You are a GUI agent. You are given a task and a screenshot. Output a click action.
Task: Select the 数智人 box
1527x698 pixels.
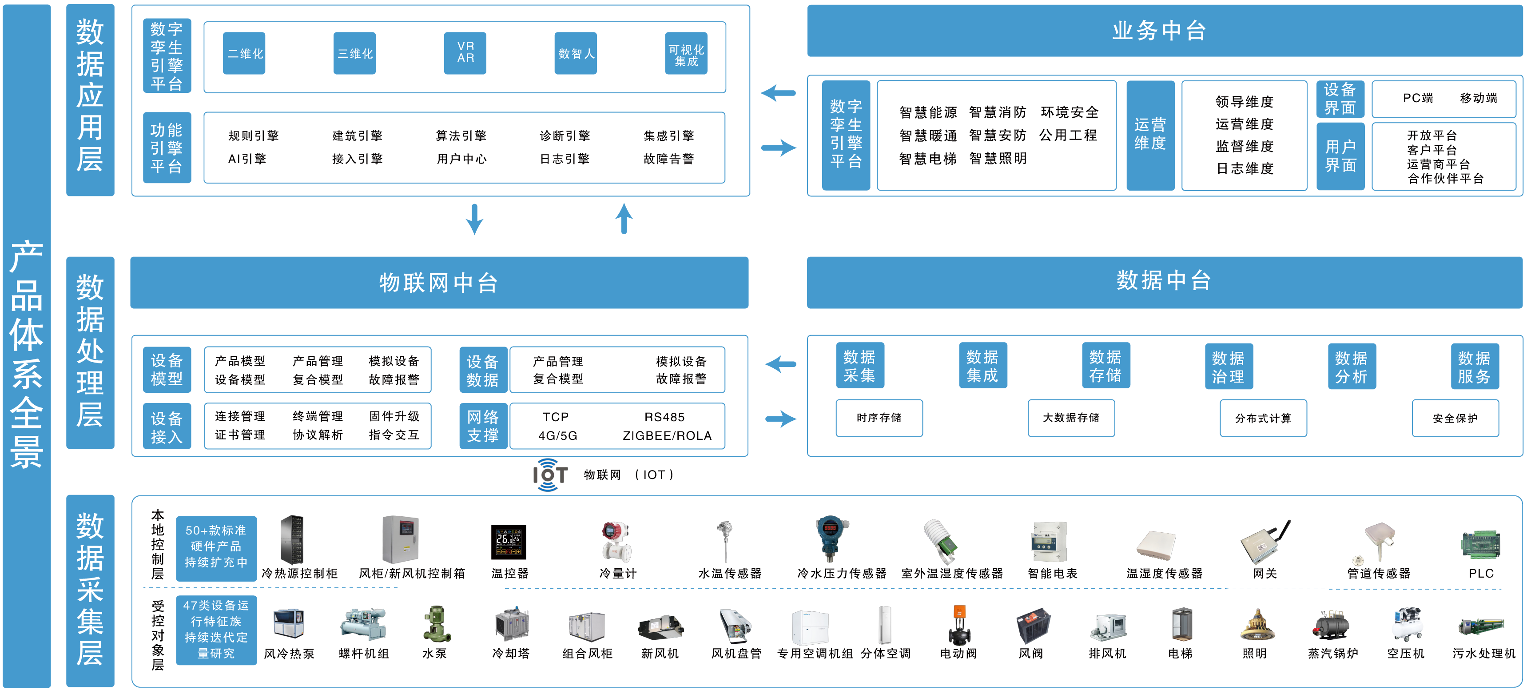coord(576,53)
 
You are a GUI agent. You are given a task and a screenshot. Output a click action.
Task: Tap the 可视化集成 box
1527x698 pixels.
coord(686,53)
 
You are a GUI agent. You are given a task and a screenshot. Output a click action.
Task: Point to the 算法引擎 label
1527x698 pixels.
coord(461,136)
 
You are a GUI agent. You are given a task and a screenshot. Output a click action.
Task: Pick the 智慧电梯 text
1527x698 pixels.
coord(928,158)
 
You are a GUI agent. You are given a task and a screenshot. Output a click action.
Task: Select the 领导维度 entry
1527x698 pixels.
coord(1244,101)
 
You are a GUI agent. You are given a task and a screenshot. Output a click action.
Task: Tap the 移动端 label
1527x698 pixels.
coord(1479,98)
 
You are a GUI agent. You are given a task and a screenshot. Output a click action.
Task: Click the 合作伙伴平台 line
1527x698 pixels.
coord(1445,179)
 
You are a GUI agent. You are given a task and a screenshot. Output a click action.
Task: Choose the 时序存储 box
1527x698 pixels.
coord(879,418)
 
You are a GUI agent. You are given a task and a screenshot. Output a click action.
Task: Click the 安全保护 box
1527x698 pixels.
coord(1455,418)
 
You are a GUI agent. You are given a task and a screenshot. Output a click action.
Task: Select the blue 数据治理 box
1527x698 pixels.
coord(1228,367)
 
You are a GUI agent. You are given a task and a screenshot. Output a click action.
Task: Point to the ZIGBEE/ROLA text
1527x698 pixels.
coord(667,436)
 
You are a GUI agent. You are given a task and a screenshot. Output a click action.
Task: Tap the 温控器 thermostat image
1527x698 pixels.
coord(509,542)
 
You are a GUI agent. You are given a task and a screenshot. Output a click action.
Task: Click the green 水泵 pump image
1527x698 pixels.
coord(436,624)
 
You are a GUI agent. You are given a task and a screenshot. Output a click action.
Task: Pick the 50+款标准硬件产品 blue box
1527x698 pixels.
coord(216,546)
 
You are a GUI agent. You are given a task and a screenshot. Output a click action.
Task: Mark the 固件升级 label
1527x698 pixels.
coord(394,416)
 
